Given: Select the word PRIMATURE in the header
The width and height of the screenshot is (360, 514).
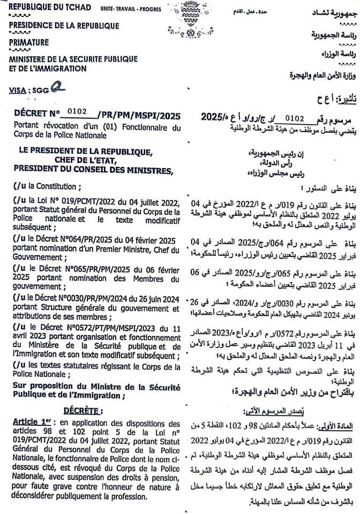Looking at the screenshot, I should pos(29,42).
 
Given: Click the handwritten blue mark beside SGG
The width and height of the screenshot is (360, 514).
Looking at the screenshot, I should pos(59,89).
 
